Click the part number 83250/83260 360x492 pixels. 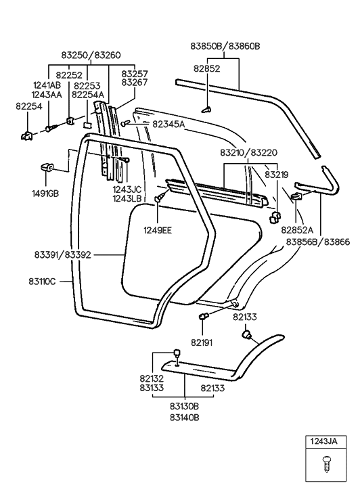click(91, 55)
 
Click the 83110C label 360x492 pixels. click(43, 279)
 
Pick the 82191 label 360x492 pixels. click(202, 342)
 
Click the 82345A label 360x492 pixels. click(168, 124)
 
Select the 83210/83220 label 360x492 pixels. click(248, 153)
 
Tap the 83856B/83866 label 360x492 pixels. click(319, 241)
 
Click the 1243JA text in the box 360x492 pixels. click(324, 442)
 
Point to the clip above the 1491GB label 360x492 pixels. click(47, 167)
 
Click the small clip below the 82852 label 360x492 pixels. click(207, 108)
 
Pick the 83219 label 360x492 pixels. click(276, 175)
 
